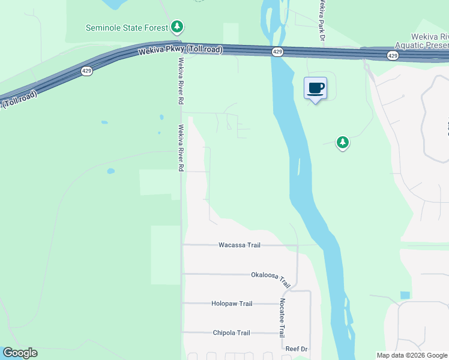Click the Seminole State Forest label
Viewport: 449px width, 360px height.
click(x=127, y=28)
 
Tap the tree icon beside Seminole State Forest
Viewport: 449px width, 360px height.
click(x=176, y=26)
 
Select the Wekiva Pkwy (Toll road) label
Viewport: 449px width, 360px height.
click(x=180, y=50)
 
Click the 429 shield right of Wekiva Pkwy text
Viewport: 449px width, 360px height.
click(x=277, y=52)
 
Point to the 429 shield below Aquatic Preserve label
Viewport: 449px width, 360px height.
click(x=392, y=56)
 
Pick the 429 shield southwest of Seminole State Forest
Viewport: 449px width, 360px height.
click(x=86, y=71)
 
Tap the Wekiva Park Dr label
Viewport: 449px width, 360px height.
click(x=322, y=20)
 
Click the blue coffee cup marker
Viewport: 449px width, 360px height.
click(x=316, y=88)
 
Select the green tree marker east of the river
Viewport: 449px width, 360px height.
click(x=342, y=142)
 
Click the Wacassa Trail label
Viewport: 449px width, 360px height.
click(x=239, y=245)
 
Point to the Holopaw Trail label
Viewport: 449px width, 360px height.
click(x=232, y=304)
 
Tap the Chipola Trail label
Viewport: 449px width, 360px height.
click(x=231, y=333)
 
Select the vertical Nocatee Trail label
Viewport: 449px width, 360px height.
click(x=281, y=319)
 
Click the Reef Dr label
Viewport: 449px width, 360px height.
click(x=296, y=349)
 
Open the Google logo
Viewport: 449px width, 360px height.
click(x=20, y=353)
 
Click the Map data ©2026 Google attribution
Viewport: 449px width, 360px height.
click(x=412, y=355)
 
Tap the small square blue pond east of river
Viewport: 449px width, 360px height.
click(x=405, y=295)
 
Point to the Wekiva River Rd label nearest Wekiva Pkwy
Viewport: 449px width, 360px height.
click(x=180, y=80)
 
